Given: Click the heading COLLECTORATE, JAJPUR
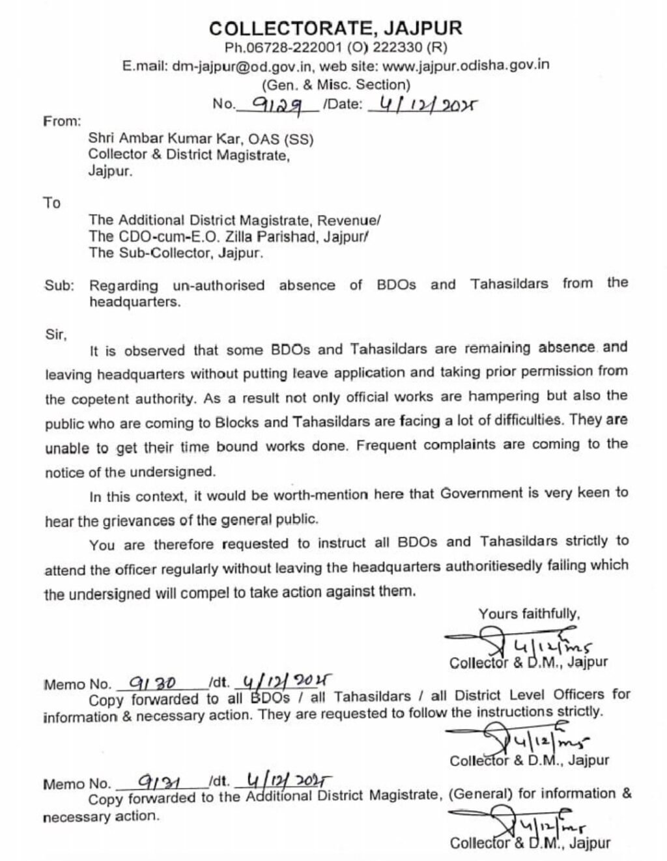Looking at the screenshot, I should [335, 28].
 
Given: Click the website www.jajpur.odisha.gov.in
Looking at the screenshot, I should [466, 65].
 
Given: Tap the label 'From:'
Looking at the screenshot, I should [62, 121].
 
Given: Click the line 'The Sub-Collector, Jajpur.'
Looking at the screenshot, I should [176, 253].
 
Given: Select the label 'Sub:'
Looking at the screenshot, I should [59, 285].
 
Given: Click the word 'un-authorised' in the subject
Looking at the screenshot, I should [219, 285].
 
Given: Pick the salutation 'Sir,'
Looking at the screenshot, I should [56, 334].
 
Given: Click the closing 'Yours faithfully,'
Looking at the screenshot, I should [529, 614].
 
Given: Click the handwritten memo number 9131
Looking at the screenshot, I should [154, 783].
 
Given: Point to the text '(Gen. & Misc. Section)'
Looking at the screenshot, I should [335, 85].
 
